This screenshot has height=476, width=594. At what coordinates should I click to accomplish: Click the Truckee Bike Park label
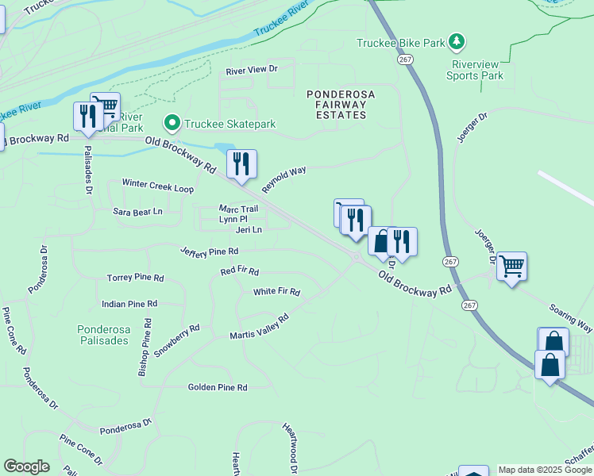[x=400, y=43]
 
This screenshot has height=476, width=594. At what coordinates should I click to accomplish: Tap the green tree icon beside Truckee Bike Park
[x=456, y=41]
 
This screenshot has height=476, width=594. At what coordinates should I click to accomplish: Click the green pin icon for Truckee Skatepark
[x=171, y=124]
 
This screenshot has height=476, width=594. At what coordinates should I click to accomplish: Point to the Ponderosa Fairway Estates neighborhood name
[x=341, y=105]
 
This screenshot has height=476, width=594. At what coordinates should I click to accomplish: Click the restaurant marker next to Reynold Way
[x=241, y=164]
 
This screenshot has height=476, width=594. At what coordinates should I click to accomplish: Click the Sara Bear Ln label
[x=137, y=212]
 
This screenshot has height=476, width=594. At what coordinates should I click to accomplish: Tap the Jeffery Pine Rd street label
[x=209, y=251]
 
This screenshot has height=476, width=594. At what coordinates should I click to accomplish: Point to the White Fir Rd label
[x=276, y=292]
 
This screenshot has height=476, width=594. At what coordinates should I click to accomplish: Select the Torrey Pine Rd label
[x=135, y=278]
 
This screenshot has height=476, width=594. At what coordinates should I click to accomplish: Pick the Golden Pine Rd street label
[x=218, y=388]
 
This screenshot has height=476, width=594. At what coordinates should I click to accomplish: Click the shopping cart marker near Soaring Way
[x=512, y=266]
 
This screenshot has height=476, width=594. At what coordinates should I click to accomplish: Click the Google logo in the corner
[x=26, y=466]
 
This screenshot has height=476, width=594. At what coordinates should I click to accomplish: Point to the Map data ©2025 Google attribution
[x=545, y=470]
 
